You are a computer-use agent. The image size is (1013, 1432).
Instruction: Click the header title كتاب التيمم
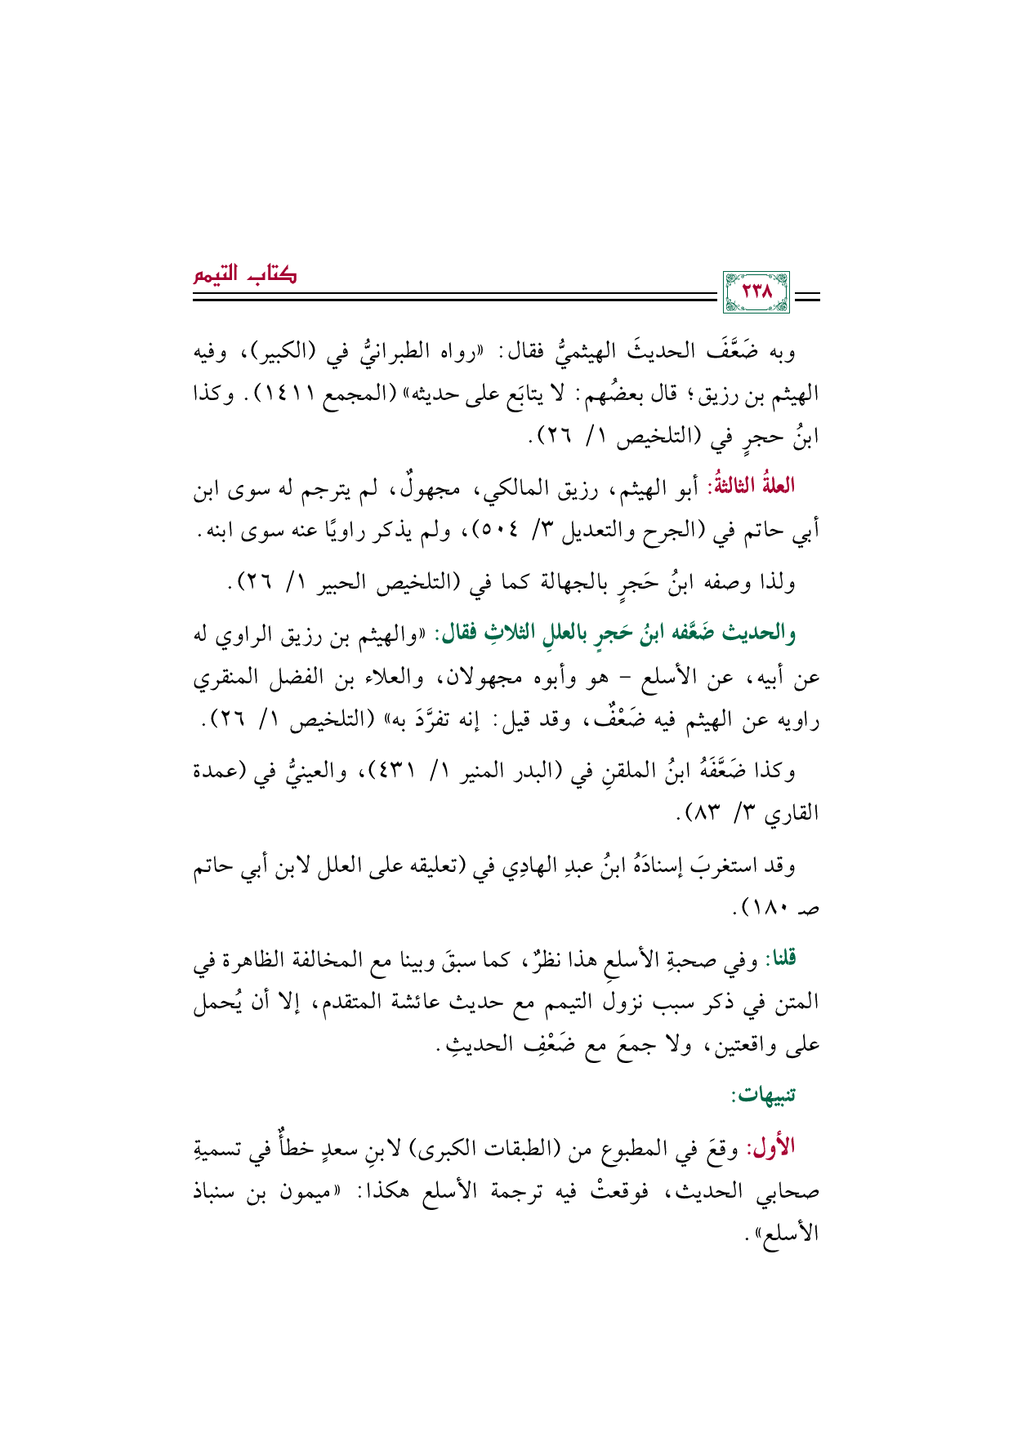point(245,274)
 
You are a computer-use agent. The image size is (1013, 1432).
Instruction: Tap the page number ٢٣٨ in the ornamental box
point(756,292)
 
